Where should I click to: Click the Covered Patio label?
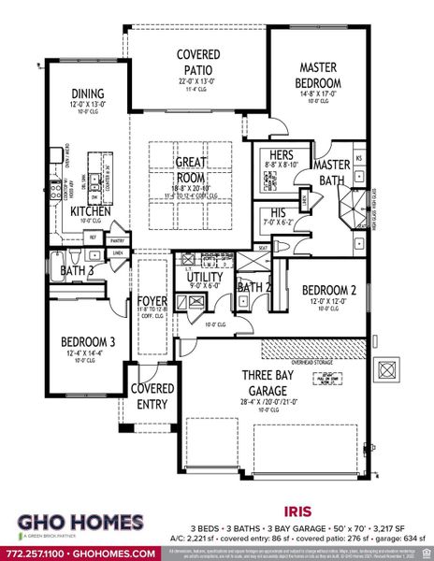(198, 62)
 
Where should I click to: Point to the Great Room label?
(192, 169)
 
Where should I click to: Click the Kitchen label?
(91, 212)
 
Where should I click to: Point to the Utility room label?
(203, 279)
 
